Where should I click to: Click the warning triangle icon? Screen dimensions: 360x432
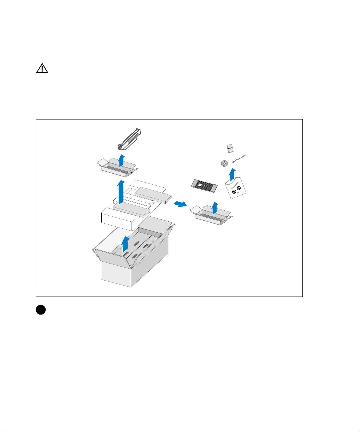(42, 69)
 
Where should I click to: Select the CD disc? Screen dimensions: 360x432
(224, 163)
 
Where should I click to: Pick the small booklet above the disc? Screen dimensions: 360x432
(229, 148)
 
